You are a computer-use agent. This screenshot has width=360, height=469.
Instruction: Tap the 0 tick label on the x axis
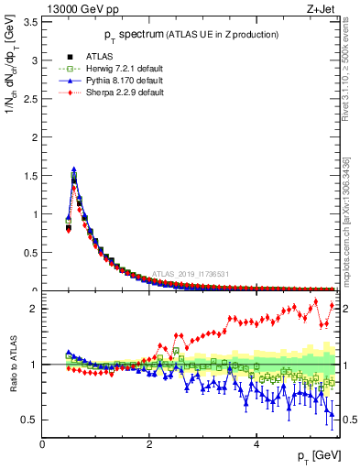[43, 444]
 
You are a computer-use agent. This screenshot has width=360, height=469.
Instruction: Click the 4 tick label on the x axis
[256, 444]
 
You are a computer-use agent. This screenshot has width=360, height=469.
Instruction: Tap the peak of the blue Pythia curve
[73, 169]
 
